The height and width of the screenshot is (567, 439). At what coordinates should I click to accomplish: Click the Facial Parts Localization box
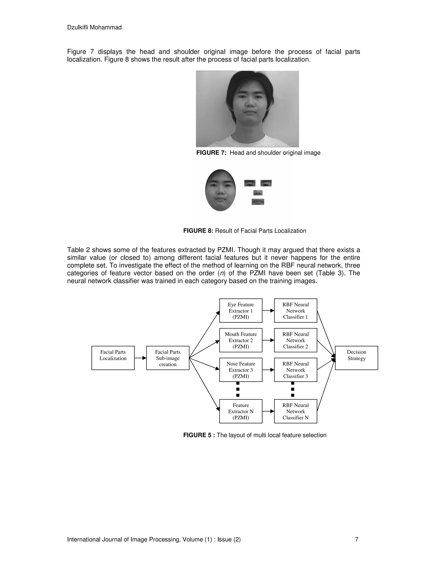click(113, 358)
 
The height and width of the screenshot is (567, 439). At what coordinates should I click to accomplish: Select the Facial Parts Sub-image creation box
click(168, 358)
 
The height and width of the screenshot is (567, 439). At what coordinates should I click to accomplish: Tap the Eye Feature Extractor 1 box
click(241, 310)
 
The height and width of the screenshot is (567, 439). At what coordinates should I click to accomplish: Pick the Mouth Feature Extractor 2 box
click(241, 340)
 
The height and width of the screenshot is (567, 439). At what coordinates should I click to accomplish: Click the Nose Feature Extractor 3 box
click(241, 370)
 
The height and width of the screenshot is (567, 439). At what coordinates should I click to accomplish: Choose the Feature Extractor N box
click(241, 411)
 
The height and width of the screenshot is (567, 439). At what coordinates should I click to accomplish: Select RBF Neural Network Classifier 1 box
click(295, 310)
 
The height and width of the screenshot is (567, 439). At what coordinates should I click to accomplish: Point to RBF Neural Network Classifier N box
click(295, 411)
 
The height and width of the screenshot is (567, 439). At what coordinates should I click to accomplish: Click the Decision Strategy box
click(356, 358)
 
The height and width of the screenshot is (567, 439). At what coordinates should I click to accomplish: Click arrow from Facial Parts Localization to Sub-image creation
click(140, 358)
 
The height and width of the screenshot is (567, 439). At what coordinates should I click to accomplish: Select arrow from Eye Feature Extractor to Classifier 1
click(268, 310)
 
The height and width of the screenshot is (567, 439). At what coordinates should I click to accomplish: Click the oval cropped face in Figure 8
click(221, 190)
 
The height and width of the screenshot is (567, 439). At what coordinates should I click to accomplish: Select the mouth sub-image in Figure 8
click(258, 202)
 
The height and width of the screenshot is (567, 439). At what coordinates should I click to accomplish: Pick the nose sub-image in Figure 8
click(258, 193)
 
